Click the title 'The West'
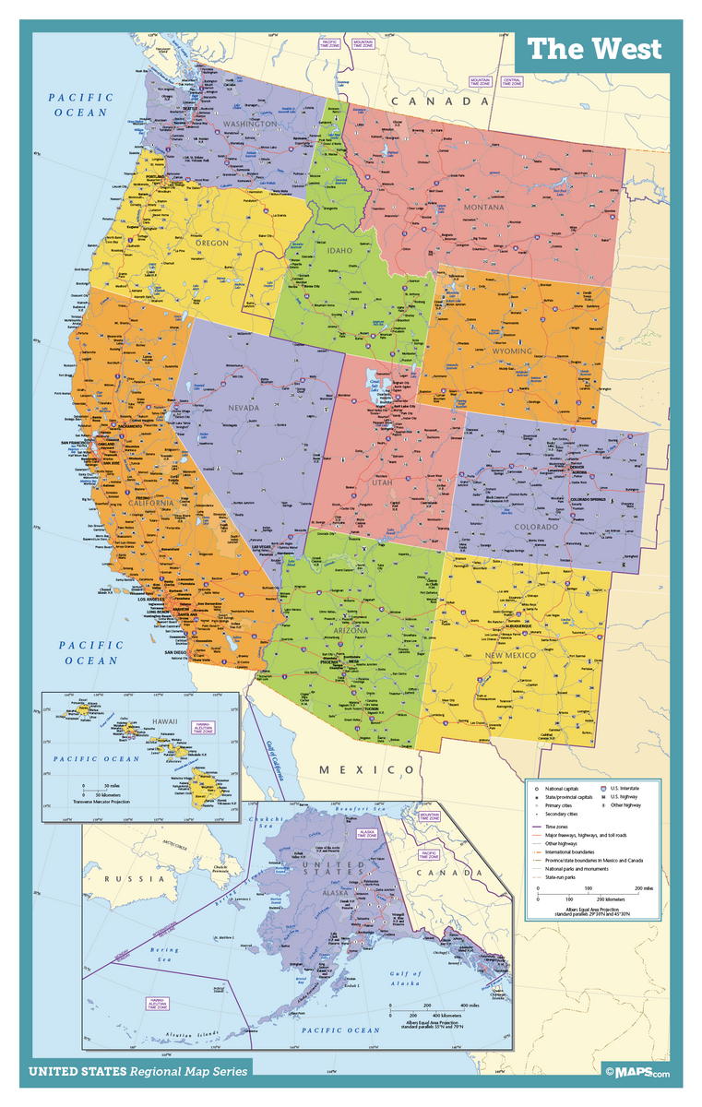[x=595, y=49]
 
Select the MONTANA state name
[x=484, y=208]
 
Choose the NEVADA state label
[x=244, y=407]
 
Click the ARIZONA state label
[x=346, y=631]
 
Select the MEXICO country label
[x=367, y=769]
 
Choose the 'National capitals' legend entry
[x=565, y=789]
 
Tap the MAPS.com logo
[x=637, y=1071]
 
